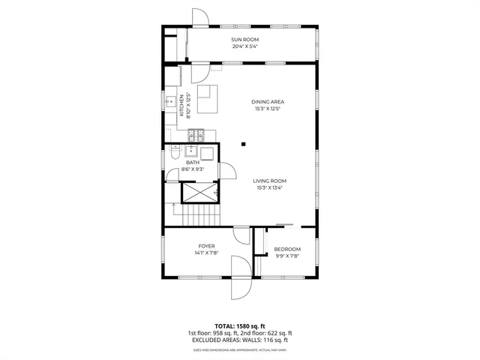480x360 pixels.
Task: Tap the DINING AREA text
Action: tap(268, 102)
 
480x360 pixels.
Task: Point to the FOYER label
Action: tap(206, 246)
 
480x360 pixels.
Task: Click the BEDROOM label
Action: tap(286, 249)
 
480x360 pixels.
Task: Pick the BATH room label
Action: tap(193, 162)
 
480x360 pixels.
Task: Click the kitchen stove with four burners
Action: tap(196, 136)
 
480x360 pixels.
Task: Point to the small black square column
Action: tap(243, 143)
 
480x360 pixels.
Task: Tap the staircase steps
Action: tap(197, 215)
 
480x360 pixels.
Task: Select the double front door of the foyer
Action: tap(240, 277)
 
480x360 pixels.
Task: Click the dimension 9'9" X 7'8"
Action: tap(286, 256)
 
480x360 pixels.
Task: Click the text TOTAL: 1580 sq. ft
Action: tap(240, 325)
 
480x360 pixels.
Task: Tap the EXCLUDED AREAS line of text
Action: tap(240, 340)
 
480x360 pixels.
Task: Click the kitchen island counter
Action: tap(207, 100)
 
